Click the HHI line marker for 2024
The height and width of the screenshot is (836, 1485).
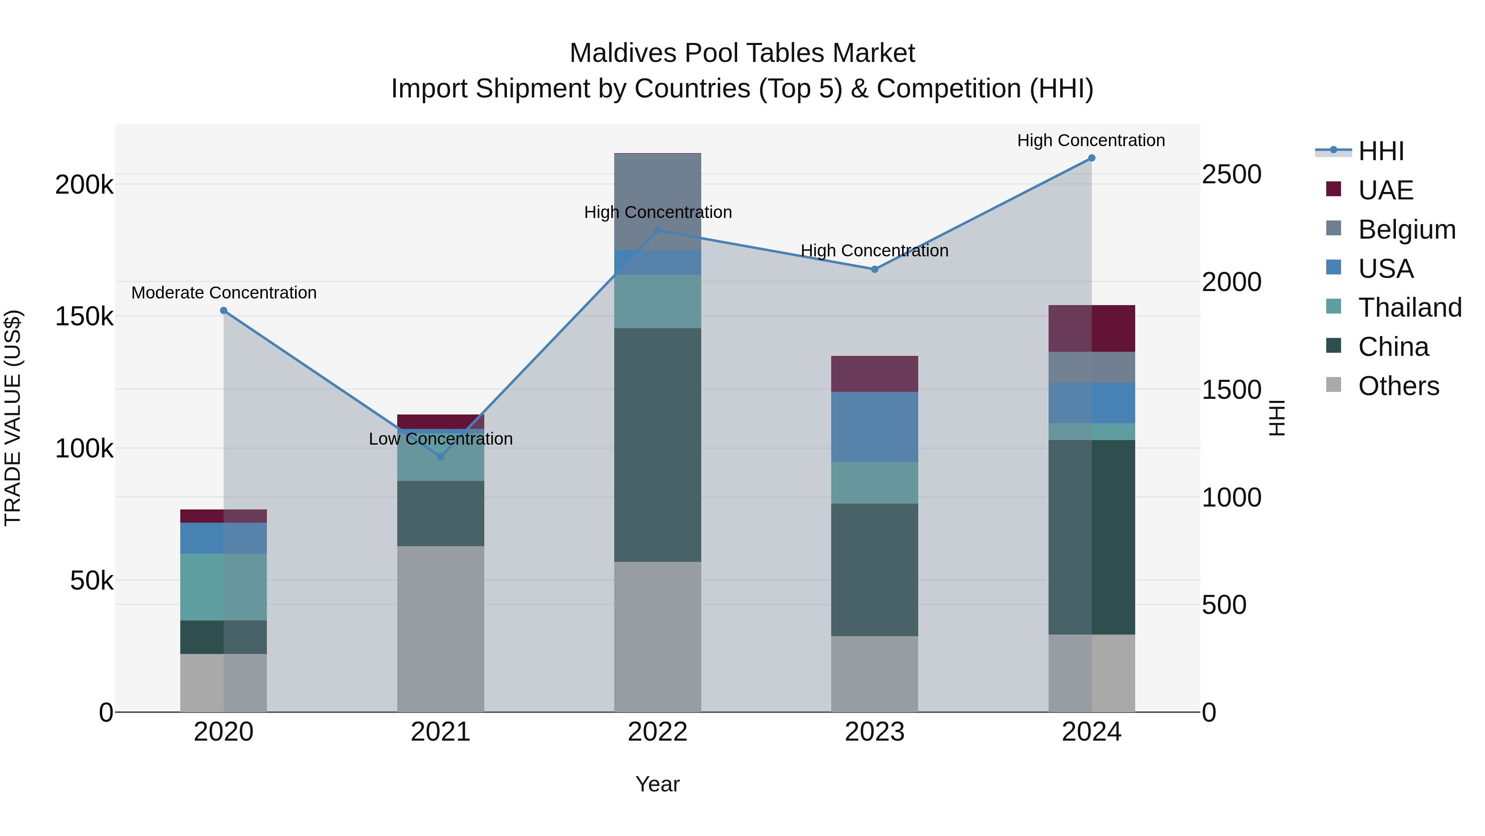[1091, 158]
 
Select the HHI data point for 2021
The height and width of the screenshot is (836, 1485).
[441, 456]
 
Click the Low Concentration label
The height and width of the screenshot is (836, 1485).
[441, 439]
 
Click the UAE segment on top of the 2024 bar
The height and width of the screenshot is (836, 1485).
[1091, 328]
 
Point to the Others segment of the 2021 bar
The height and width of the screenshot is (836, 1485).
[441, 629]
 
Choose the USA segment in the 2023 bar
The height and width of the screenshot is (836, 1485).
[874, 427]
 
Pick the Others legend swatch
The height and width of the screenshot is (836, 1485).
[1333, 385]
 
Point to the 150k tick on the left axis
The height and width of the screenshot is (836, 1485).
[84, 317]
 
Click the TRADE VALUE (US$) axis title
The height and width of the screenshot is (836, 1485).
[13, 418]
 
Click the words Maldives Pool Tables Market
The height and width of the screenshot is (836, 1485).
[742, 53]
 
